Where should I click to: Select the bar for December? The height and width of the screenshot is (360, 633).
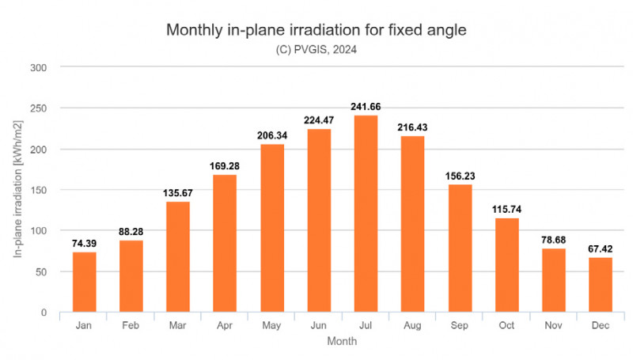pos(601,285)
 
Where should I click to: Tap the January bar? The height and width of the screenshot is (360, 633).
pos(84,282)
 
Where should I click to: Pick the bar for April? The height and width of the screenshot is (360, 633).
pos(225,243)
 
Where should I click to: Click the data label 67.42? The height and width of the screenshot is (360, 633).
pos(601,249)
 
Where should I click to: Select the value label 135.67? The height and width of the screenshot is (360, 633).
pos(178,193)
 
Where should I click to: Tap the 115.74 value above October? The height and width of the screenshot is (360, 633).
pos(506,210)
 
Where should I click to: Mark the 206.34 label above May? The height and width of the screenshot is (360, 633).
pos(271,135)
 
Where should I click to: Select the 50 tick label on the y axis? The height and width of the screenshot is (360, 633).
pos(44,271)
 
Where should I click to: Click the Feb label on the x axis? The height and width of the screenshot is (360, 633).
pos(131,325)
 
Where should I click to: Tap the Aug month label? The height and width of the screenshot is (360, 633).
pos(412,325)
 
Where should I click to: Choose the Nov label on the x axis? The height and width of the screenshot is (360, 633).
pos(553,325)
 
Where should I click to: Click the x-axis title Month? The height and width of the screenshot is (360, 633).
pos(342,342)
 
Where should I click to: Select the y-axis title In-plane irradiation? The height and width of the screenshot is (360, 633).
pos(17,190)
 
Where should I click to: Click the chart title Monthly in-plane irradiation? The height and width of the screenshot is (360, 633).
pos(316,31)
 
